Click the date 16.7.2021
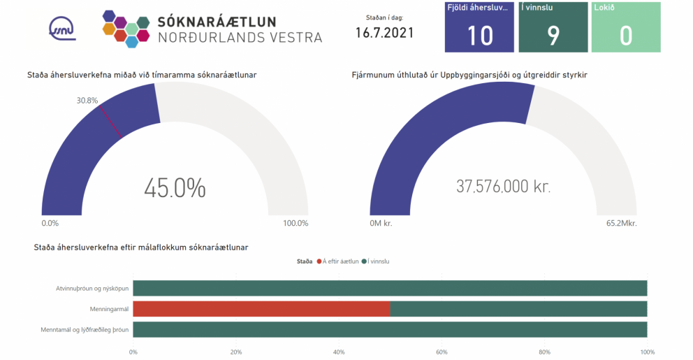point(384,33)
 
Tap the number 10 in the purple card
point(480,36)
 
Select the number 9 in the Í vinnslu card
point(553,36)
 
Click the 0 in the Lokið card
point(625,36)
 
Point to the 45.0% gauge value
point(175,187)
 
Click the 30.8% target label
point(87,100)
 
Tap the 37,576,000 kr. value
point(503,187)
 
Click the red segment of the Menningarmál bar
point(261,309)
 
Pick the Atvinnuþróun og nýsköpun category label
point(92,288)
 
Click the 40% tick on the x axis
point(339,352)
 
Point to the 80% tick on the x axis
point(545,352)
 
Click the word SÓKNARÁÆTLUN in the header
point(217,22)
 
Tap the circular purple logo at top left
point(63,28)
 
